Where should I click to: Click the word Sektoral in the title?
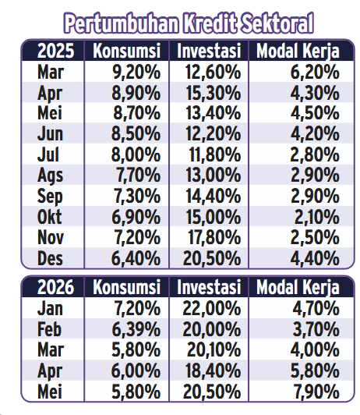tap(277, 23)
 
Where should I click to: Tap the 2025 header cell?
tap(55, 51)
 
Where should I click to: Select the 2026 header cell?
tap(55, 287)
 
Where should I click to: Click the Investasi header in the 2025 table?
tap(209, 51)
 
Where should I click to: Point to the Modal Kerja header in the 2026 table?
tap(298, 288)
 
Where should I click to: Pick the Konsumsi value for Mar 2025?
tap(136, 72)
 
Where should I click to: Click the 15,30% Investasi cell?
tap(214, 93)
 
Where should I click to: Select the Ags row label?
tap(50, 176)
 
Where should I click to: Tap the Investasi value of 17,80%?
tap(214, 237)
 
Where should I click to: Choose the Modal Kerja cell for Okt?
tap(317, 217)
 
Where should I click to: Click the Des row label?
tap(50, 258)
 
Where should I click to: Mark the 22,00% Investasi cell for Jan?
tap(212, 309)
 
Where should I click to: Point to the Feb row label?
tap(49, 329)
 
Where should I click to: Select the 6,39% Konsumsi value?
tap(136, 330)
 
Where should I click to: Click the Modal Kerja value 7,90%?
tap(316, 392)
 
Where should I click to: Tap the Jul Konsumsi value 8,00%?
tap(136, 154)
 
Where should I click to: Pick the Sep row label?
tap(50, 197)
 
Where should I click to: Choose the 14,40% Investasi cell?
tap(214, 197)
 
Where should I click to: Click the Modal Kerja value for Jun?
tap(315, 134)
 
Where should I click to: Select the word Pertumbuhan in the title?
tap(122, 23)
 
